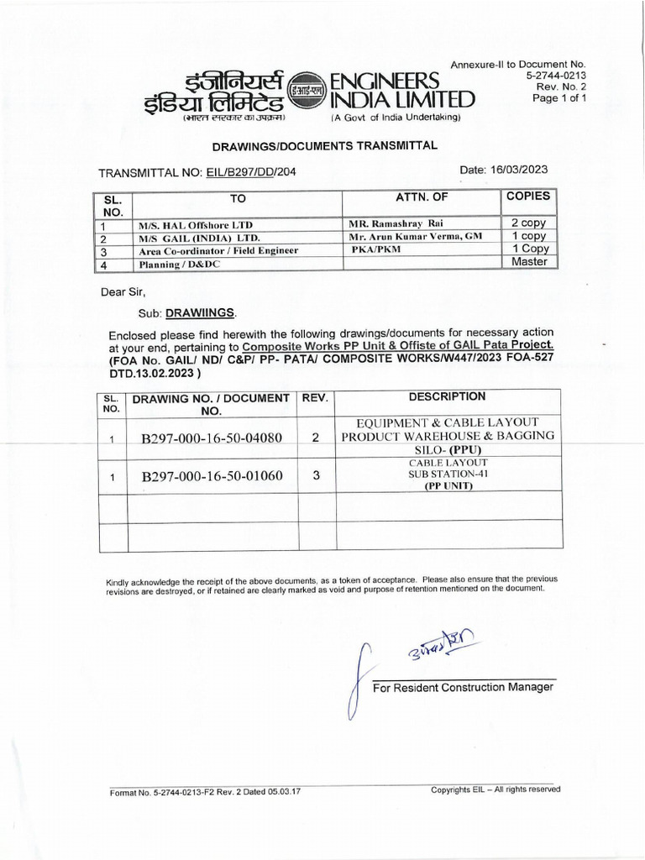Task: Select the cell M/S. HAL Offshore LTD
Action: point(196,226)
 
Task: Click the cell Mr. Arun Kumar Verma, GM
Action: point(415,238)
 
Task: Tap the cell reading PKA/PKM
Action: point(375,250)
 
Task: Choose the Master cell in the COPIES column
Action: point(529,262)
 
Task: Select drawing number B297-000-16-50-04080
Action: point(212,438)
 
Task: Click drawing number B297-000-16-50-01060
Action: point(212,476)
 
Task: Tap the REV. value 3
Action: point(317,475)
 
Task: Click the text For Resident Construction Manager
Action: point(463,687)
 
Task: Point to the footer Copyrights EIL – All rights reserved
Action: point(496,789)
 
